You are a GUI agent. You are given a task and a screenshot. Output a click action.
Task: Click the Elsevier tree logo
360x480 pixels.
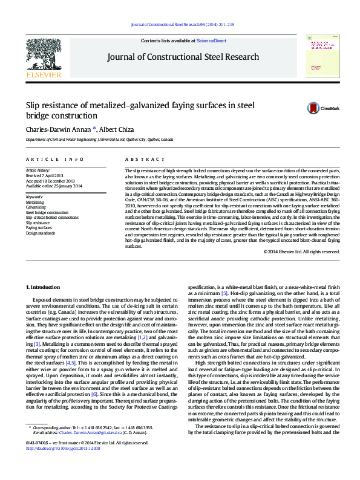point(43,54)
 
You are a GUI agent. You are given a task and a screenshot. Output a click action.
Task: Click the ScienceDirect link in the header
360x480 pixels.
point(211,41)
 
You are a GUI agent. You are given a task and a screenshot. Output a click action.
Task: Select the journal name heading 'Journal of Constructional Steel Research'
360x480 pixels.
point(183,57)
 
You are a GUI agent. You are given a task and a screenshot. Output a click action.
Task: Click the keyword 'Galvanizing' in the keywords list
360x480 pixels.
point(36,207)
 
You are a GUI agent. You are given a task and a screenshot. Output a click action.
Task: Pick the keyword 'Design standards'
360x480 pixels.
point(40,233)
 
